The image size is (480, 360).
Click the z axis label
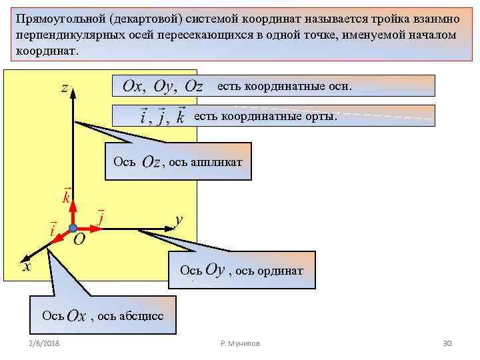click(x=65, y=89)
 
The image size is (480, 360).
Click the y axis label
click(x=179, y=220)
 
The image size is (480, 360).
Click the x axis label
click(x=27, y=267)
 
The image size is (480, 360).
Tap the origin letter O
click(x=79, y=239)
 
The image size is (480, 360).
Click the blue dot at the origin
click(x=73, y=228)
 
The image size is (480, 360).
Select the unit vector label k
click(x=67, y=197)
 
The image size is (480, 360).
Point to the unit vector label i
click(x=53, y=228)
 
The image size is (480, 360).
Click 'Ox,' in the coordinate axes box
click(x=135, y=87)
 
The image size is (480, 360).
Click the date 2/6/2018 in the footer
click(x=44, y=343)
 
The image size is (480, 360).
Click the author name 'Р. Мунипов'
click(x=240, y=343)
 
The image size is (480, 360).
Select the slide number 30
click(x=447, y=343)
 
